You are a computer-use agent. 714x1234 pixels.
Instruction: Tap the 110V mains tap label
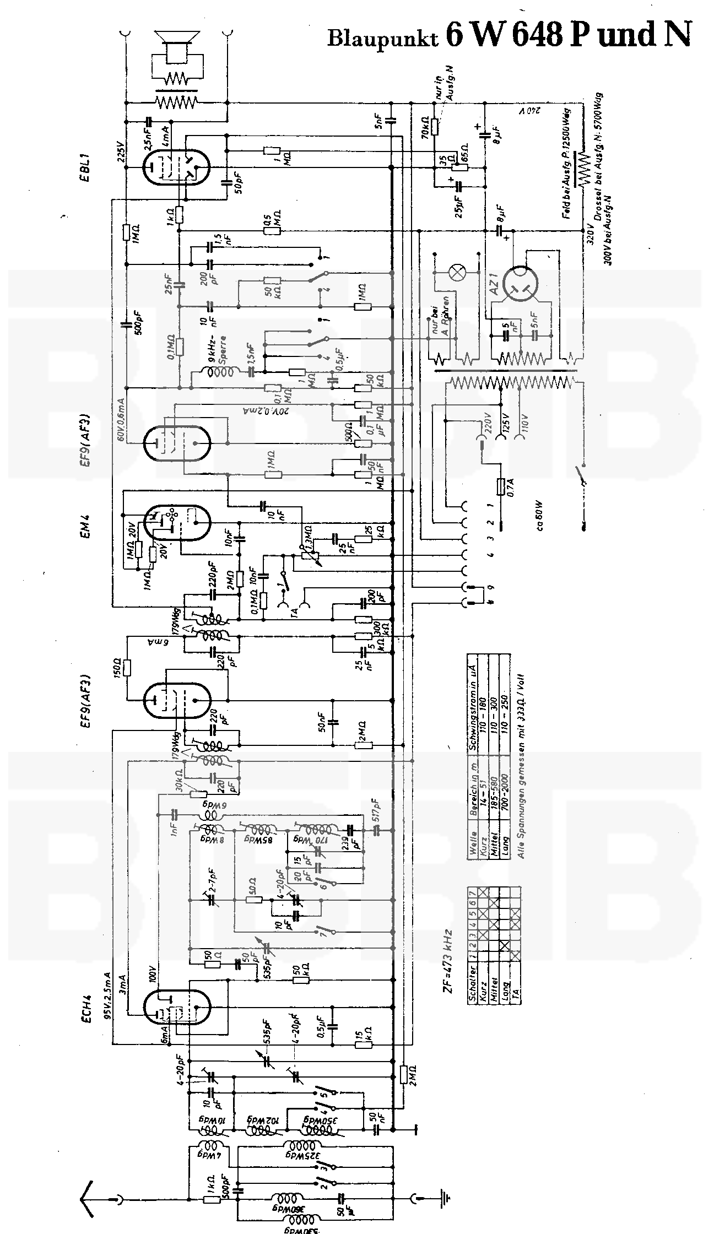[525, 423]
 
